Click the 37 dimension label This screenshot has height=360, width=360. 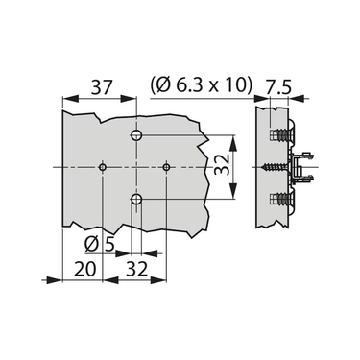coord(102,87)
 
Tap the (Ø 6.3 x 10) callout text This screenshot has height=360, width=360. coord(201,86)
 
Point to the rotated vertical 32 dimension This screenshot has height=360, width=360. coord(222,164)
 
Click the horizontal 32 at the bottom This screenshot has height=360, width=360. coord(136,269)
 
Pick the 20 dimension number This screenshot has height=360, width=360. coord(85,269)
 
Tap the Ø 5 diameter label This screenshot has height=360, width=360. coord(99,246)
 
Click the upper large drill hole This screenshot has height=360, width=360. coord(136,135)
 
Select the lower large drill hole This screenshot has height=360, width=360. coord(136,200)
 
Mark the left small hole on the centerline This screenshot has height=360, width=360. coord(103,167)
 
